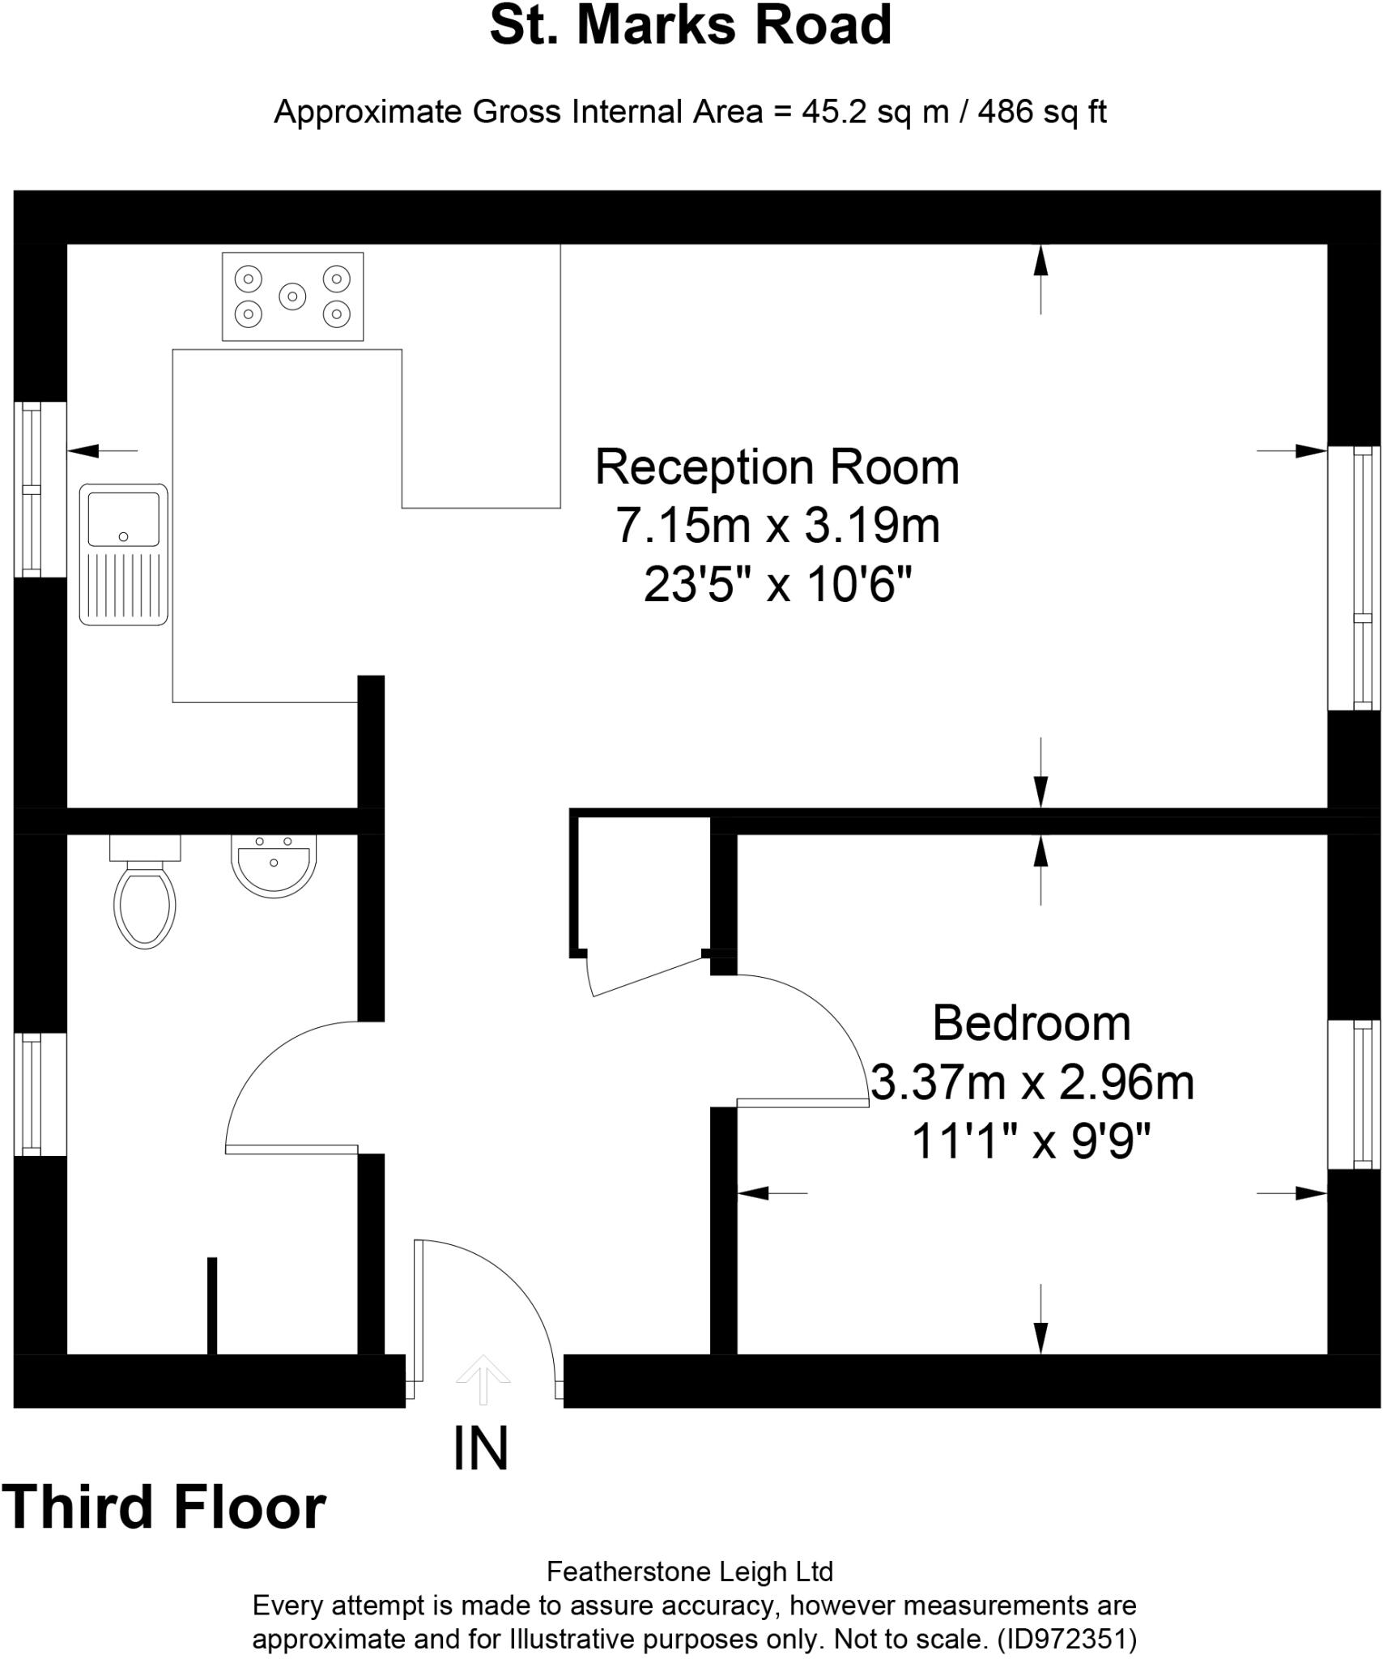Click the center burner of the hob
coord(292,296)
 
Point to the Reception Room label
coord(777,467)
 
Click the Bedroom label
coord(1031,1023)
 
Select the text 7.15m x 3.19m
coord(777,525)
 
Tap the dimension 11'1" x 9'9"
coord(1031,1141)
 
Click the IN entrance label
coord(481,1449)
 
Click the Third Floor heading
coord(164,1508)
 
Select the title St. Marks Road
coord(691,26)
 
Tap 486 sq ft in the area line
coord(1041,111)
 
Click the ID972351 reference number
coord(1066,1640)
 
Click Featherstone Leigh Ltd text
coord(690,1572)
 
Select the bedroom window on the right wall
coord(1353,1094)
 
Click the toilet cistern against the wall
coord(145,847)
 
